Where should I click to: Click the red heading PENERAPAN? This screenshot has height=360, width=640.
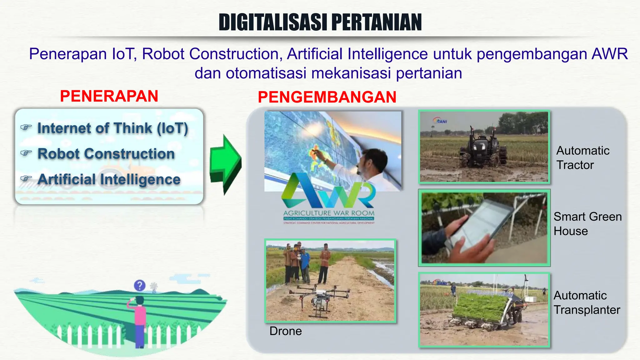109,96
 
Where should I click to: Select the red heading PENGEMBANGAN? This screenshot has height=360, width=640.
327,97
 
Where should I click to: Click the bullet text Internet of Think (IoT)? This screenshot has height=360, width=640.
112,128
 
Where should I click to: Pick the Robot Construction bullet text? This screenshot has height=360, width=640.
106,154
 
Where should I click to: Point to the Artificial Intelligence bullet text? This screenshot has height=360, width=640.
109,179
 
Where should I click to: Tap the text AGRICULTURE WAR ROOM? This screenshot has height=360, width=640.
329,213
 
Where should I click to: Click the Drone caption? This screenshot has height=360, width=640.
286,331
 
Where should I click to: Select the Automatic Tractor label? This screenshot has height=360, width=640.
583,158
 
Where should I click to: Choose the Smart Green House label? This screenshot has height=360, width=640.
587,224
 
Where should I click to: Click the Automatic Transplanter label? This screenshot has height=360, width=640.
587,302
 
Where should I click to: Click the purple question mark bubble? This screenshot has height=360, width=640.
140,285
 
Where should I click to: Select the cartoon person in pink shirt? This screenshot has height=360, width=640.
140,319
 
